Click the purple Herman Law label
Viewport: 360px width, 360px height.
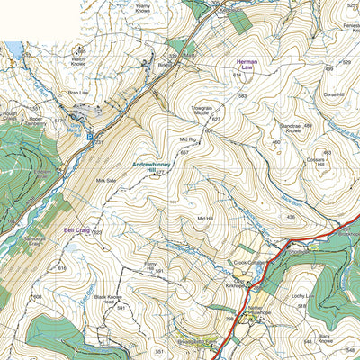click(246, 65)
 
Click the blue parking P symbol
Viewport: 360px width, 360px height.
click(89, 137)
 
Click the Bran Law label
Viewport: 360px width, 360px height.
click(77, 91)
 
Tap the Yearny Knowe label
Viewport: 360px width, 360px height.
click(142, 8)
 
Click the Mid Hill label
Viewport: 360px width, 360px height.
click(204, 218)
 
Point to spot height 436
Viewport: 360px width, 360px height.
click(291, 217)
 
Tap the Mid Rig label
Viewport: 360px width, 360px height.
click(187, 139)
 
